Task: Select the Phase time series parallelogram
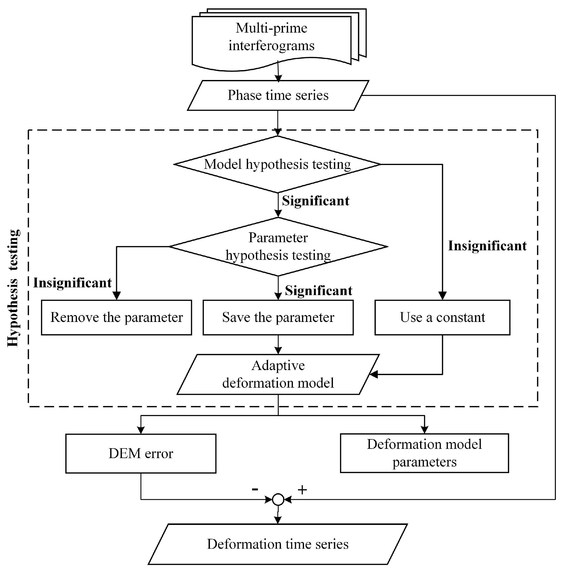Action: (x=278, y=95)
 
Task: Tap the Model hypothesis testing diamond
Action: (x=277, y=164)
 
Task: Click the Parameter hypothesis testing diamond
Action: (x=278, y=247)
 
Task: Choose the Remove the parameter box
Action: (x=116, y=317)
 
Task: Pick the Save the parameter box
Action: (x=278, y=317)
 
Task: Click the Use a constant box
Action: (x=442, y=317)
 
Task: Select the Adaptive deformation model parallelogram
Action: (x=278, y=374)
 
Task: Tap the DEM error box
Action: (x=141, y=454)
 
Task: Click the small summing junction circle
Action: (x=278, y=500)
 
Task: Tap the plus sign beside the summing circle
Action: (x=302, y=490)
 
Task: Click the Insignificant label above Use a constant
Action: (x=487, y=246)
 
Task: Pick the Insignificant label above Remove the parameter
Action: (x=72, y=283)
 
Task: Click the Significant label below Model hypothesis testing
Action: (x=315, y=201)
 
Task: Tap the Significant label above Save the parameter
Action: (x=318, y=291)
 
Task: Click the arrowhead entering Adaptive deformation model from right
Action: (x=373, y=375)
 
